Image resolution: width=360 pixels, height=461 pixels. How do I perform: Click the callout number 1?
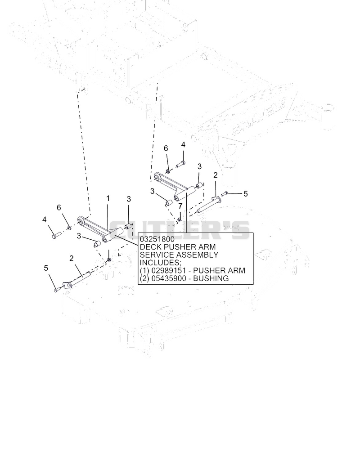[x=108, y=198]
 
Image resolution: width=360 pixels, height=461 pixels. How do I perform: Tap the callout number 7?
[x=180, y=206]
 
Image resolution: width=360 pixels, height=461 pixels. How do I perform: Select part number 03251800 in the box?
[x=157, y=239]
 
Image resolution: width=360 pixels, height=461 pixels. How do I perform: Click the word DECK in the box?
[x=148, y=247]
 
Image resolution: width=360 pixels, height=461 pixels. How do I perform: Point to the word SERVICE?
[x=154, y=255]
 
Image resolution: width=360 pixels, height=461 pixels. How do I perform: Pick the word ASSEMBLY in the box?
[x=195, y=255]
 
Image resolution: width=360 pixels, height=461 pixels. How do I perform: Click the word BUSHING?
[x=211, y=278]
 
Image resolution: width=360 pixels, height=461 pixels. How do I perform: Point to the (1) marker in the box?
[x=145, y=270]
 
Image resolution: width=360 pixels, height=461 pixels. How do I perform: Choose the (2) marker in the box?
[x=145, y=278]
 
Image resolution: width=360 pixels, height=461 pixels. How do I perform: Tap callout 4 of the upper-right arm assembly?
[x=183, y=145]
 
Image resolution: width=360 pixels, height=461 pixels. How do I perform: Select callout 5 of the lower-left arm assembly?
[x=46, y=268]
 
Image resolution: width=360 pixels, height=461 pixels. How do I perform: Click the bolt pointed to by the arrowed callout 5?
[x=225, y=193]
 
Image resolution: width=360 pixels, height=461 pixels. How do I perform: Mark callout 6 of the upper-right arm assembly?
[x=166, y=148]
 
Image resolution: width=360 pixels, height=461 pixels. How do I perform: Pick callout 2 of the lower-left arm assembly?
[x=72, y=259]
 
